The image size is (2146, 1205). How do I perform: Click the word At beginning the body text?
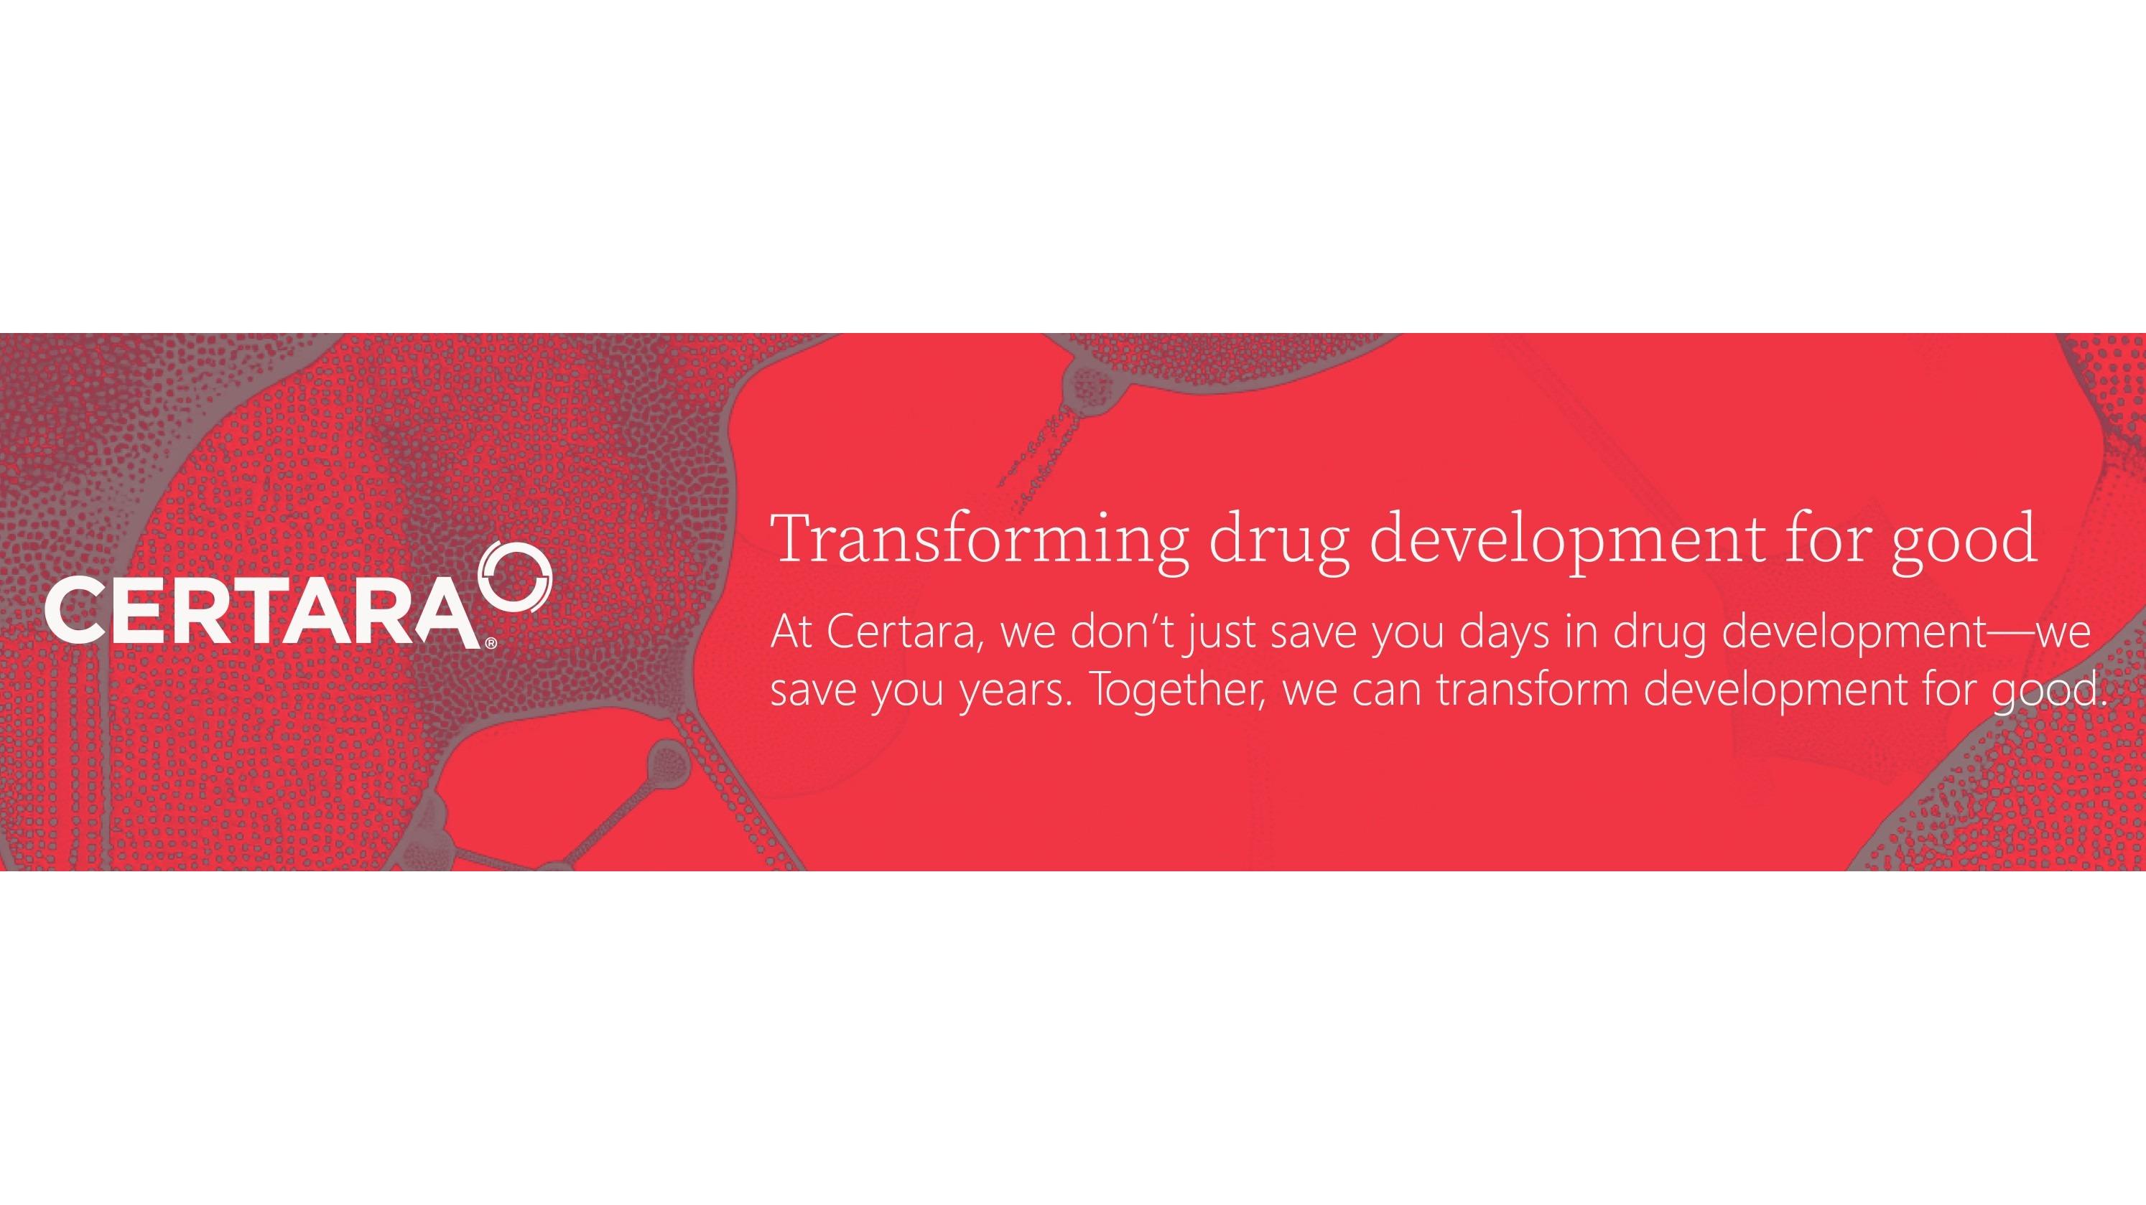[x=791, y=633]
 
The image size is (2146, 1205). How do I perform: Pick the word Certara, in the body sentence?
[x=904, y=634]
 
